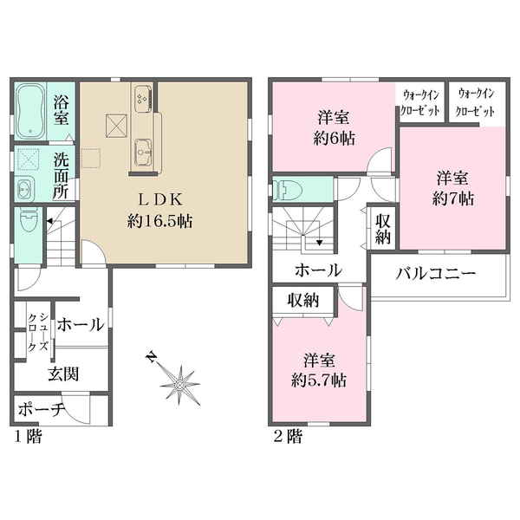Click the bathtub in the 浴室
click(x=32, y=110)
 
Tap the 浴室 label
click(x=62, y=111)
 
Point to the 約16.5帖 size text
click(x=158, y=220)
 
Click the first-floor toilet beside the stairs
click(x=25, y=224)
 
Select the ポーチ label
click(x=42, y=409)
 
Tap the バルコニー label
click(x=437, y=274)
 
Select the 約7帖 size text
click(x=453, y=199)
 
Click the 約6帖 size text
click(x=333, y=137)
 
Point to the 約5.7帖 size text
click(x=321, y=380)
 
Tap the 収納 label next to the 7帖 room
click(x=383, y=226)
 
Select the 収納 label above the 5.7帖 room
click(x=304, y=301)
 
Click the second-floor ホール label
click(x=317, y=270)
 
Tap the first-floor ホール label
click(x=81, y=325)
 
